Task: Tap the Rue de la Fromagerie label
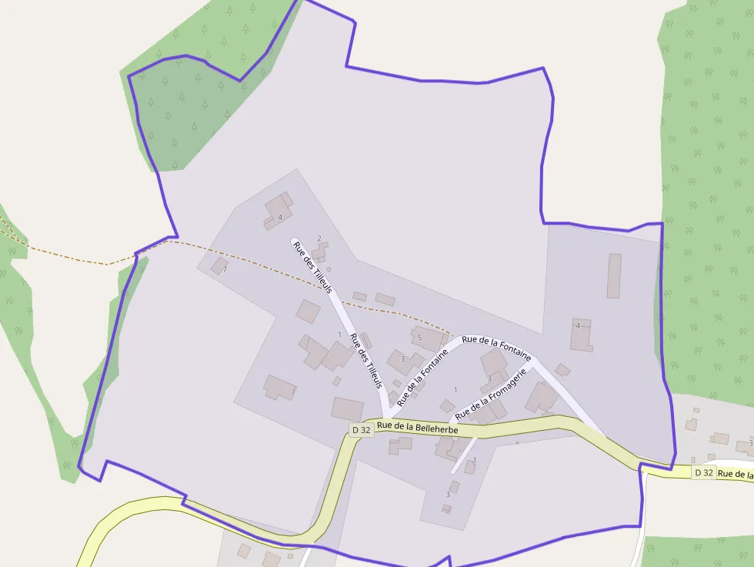pyautogui.click(x=490, y=394)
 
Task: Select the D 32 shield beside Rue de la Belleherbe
pyautogui.click(x=361, y=430)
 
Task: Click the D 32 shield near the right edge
pyautogui.click(x=703, y=472)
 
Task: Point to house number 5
pyautogui.click(x=419, y=338)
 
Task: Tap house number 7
pyautogui.click(x=225, y=270)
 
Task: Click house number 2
pyautogui.click(x=319, y=238)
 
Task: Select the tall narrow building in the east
pyautogui.click(x=614, y=275)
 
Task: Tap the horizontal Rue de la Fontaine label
pyautogui.click(x=496, y=347)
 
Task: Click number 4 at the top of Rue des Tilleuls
pyautogui.click(x=280, y=218)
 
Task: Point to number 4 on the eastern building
pyautogui.click(x=578, y=325)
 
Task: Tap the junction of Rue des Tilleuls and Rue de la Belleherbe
pyautogui.click(x=384, y=419)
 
